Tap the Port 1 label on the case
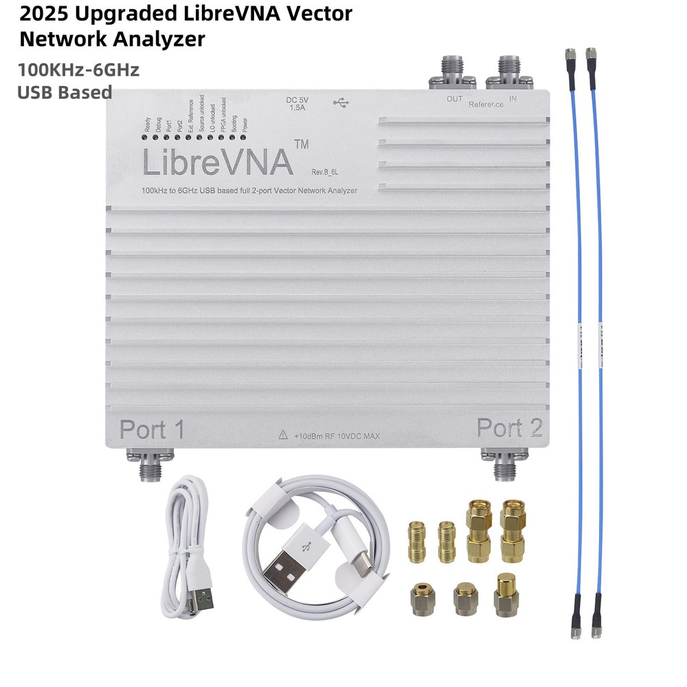pos(152,429)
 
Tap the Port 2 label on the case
pos(510,428)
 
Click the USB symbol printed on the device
pos(341,102)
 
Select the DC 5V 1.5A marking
pos(297,104)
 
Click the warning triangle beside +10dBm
pos(282,435)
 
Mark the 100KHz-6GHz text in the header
pos(79,69)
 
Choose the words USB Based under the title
pos(65,92)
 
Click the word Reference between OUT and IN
pos(486,104)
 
